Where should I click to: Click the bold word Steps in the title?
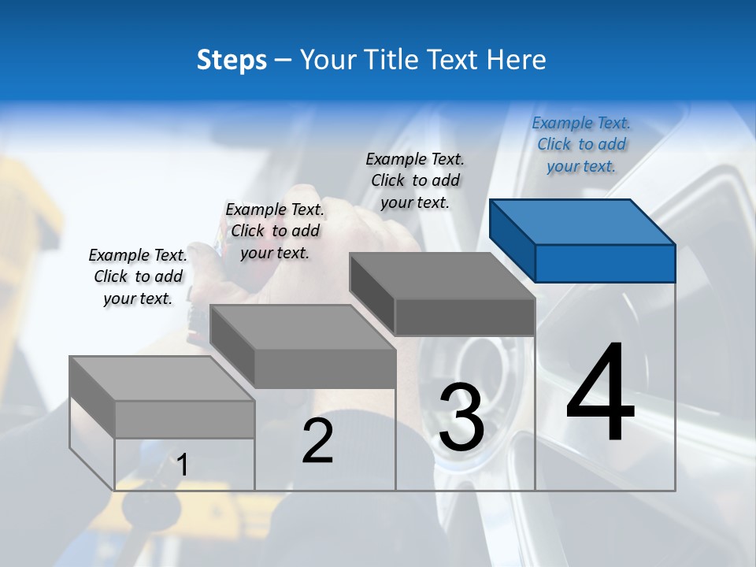click(232, 60)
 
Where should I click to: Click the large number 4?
click(600, 393)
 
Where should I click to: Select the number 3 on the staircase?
click(461, 417)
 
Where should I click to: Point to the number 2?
click(317, 441)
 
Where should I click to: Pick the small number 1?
click(182, 465)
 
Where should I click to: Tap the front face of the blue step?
click(605, 263)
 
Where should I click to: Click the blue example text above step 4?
click(581, 144)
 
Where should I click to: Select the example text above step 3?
click(415, 180)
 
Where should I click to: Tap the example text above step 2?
click(275, 231)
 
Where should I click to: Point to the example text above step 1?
click(138, 276)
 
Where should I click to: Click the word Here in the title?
click(515, 60)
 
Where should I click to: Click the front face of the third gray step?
click(465, 317)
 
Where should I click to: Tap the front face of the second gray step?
click(325, 369)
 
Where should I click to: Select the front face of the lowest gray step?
click(184, 419)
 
